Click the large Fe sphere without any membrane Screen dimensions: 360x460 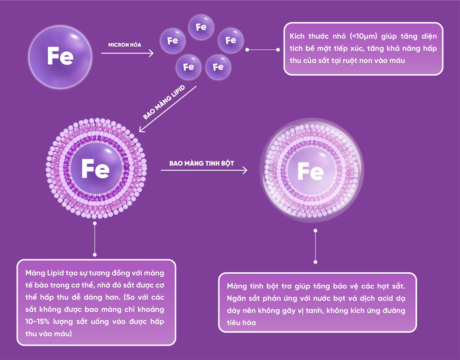(x=60, y=57)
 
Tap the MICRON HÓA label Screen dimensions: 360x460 (x=125, y=45)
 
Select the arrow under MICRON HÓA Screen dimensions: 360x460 (x=127, y=53)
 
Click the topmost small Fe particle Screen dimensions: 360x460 (x=201, y=27)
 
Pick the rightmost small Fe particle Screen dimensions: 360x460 (x=231, y=40)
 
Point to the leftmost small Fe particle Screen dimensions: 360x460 (x=173, y=41)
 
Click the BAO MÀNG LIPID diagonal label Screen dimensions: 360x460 (x=164, y=102)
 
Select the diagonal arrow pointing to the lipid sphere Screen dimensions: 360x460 (x=167, y=109)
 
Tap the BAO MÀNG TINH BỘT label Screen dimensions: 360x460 (x=201, y=163)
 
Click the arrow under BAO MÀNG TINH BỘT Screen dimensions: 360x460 (x=204, y=170)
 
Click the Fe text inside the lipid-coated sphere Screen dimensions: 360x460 (x=95, y=169)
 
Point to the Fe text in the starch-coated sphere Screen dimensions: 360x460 (x=310, y=171)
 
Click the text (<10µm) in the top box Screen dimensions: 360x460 (x=363, y=36)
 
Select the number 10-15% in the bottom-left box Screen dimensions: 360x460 (x=37, y=322)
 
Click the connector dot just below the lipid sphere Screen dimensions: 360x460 (x=95, y=223)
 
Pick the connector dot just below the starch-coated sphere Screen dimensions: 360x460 (x=315, y=231)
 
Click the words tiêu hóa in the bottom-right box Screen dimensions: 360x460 (x=241, y=323)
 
